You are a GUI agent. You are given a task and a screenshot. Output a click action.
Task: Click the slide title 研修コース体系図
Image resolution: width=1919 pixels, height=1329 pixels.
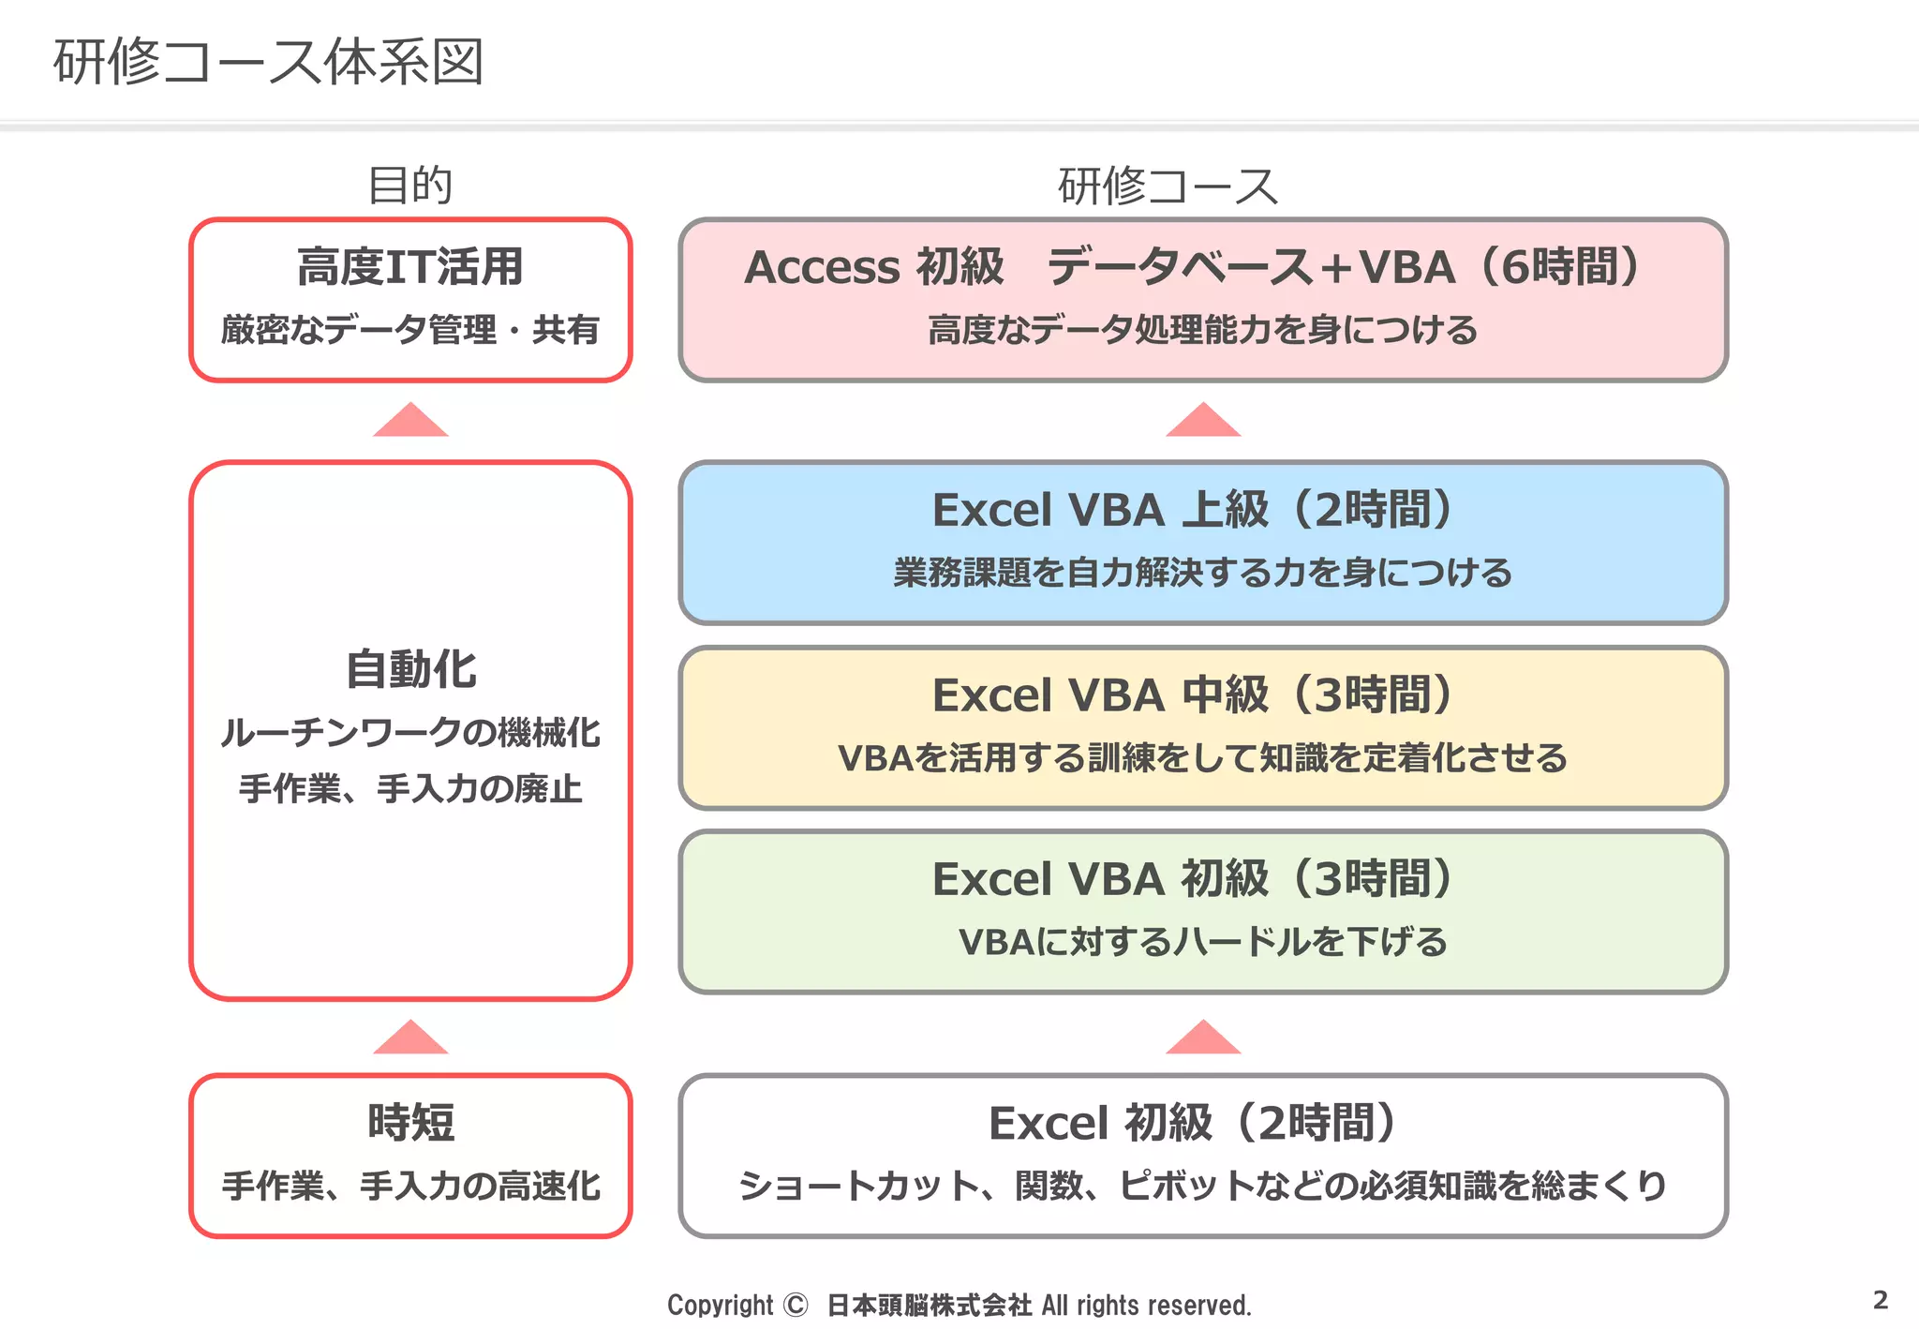268,62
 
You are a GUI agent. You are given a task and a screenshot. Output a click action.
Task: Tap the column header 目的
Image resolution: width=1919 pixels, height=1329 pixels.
410,185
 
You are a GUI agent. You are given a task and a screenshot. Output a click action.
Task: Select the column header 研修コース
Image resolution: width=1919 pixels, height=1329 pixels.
1168,186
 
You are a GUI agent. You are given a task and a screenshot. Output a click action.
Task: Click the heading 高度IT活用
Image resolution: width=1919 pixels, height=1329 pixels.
410,267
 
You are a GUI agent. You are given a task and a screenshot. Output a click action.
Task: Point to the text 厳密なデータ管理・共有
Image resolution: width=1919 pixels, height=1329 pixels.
410,330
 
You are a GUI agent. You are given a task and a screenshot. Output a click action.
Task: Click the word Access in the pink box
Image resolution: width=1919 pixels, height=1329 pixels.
821,268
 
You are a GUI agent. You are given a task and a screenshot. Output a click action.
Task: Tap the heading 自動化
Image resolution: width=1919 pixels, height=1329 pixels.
410,670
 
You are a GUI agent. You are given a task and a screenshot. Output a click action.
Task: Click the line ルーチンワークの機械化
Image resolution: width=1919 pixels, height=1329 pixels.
410,733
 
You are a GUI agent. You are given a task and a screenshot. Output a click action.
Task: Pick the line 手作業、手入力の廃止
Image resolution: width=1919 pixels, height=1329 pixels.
410,789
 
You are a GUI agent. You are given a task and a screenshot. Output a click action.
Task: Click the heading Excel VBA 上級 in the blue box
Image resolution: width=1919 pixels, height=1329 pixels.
1100,511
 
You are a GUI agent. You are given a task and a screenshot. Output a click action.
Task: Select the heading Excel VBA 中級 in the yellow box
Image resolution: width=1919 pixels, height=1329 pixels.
1100,695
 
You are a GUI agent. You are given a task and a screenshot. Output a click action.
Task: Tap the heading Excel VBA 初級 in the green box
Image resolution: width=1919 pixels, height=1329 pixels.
1100,879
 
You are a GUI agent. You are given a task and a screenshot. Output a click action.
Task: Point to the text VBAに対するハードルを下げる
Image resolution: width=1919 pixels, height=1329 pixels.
1203,942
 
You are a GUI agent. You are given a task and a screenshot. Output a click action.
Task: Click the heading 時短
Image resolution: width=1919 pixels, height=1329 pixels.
410,1123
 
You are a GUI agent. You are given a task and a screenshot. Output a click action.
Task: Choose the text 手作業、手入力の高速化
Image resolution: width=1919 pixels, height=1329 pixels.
410,1187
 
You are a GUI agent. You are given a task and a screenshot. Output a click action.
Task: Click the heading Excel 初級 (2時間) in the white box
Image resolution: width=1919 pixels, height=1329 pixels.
1194,1123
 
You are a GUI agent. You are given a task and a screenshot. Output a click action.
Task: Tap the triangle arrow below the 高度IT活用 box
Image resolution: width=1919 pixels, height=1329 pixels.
410,421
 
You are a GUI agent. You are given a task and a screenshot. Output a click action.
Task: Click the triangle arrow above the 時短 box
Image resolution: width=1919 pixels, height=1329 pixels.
410,1038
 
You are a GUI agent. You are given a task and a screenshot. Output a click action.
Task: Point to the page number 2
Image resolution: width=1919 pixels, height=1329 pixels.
1880,1300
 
